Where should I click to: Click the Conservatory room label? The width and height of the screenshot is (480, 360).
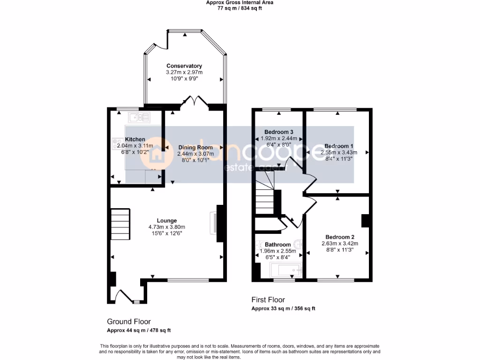(184, 66)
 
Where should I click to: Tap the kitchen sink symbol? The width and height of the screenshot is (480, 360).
(139, 117)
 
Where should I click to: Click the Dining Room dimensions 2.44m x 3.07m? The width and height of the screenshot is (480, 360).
(195, 154)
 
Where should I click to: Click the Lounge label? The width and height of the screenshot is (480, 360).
(167, 221)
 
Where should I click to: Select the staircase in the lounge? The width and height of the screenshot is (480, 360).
(120, 224)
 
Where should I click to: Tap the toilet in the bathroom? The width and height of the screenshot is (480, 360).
(298, 244)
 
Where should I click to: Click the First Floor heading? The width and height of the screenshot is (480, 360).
(268, 300)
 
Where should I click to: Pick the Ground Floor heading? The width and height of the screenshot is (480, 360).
(129, 322)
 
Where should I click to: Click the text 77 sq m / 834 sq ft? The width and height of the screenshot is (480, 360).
(240, 8)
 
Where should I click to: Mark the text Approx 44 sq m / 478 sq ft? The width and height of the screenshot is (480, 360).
(139, 330)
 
